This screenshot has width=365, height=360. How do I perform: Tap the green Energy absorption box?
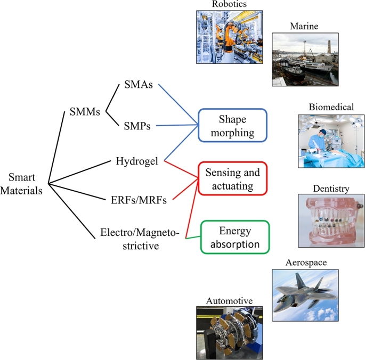click(235, 238)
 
